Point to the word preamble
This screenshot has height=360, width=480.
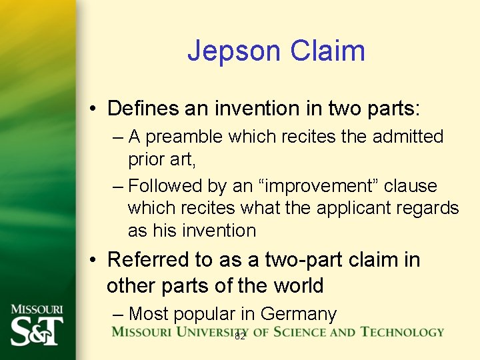185,137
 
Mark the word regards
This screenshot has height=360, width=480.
430,208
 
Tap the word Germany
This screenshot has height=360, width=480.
299,313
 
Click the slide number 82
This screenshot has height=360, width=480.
240,337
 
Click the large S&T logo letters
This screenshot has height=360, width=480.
37,330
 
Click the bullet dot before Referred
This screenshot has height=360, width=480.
95,260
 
